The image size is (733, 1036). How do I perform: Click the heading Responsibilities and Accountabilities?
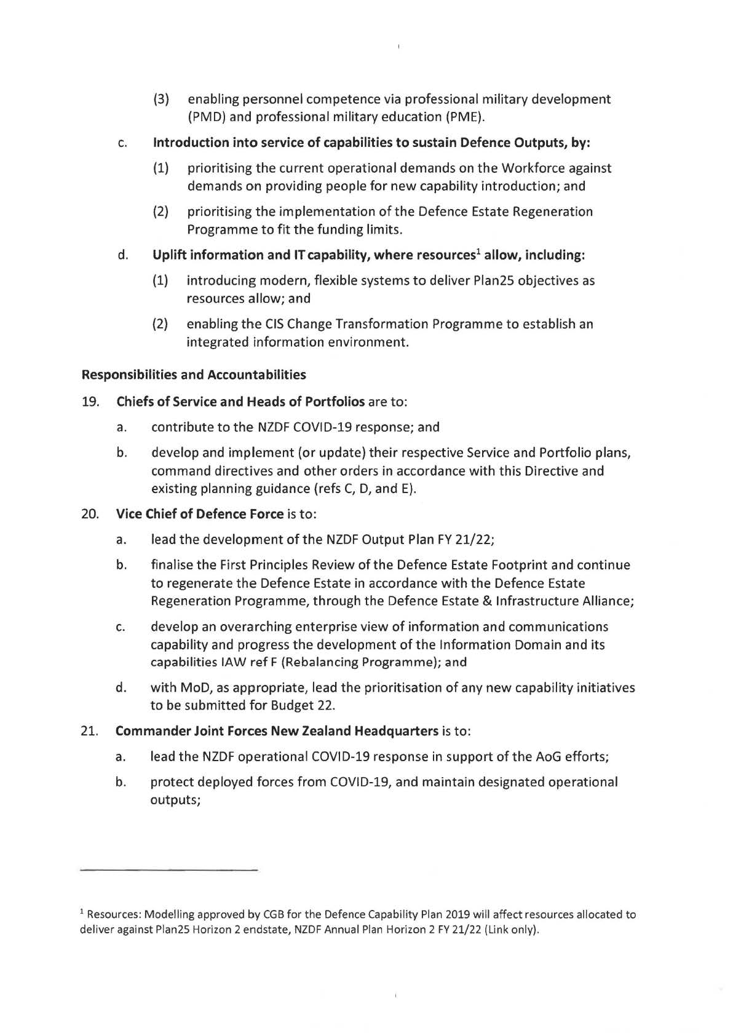coord(194,374)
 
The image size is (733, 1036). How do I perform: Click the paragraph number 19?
coord(91,402)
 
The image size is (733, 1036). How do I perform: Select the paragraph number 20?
coord(91,513)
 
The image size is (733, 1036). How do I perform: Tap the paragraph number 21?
coord(91,731)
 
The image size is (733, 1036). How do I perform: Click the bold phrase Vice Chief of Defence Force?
coord(200,513)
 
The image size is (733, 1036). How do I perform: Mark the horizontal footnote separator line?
coord(168,870)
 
